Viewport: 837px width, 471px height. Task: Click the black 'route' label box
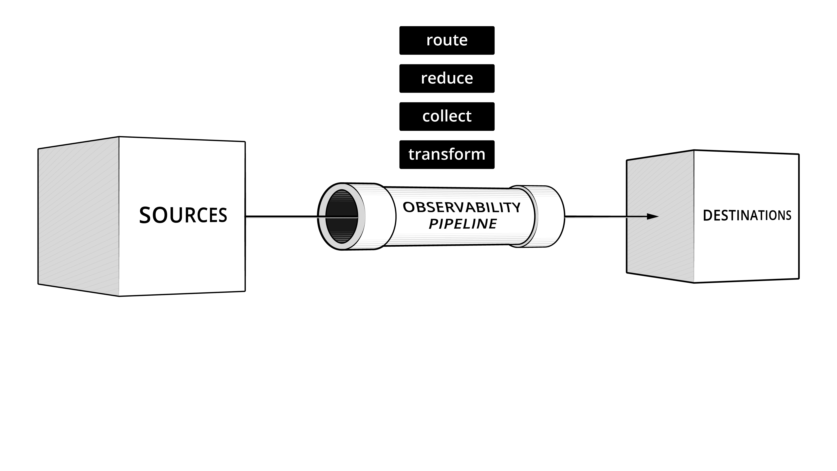(x=447, y=40)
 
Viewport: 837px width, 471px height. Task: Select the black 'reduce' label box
(x=447, y=78)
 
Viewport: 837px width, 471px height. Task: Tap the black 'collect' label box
(x=447, y=116)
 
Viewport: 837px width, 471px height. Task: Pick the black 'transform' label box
(x=447, y=154)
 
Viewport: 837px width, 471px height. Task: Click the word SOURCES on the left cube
(x=183, y=215)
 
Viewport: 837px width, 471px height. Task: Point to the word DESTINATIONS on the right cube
(x=747, y=215)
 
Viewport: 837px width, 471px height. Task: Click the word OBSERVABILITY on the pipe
(x=461, y=207)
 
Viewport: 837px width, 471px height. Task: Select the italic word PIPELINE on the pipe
(x=463, y=224)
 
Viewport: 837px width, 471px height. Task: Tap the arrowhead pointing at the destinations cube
(x=652, y=217)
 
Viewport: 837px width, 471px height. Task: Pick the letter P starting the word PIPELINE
(x=434, y=224)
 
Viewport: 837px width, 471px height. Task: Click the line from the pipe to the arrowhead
(x=604, y=217)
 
